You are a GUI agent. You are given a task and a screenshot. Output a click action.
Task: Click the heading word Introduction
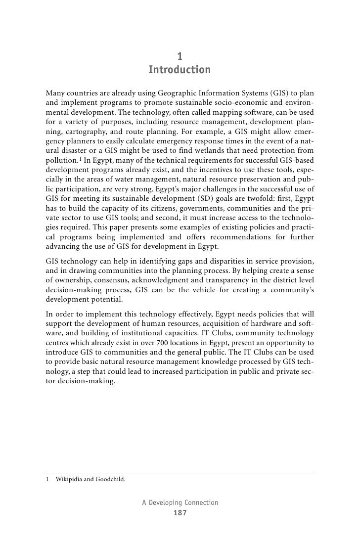(x=180, y=70)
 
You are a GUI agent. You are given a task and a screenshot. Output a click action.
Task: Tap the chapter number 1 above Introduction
(x=180, y=56)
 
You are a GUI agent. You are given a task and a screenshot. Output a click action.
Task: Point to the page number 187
(x=180, y=513)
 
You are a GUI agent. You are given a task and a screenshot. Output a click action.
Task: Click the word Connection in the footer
(x=201, y=502)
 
